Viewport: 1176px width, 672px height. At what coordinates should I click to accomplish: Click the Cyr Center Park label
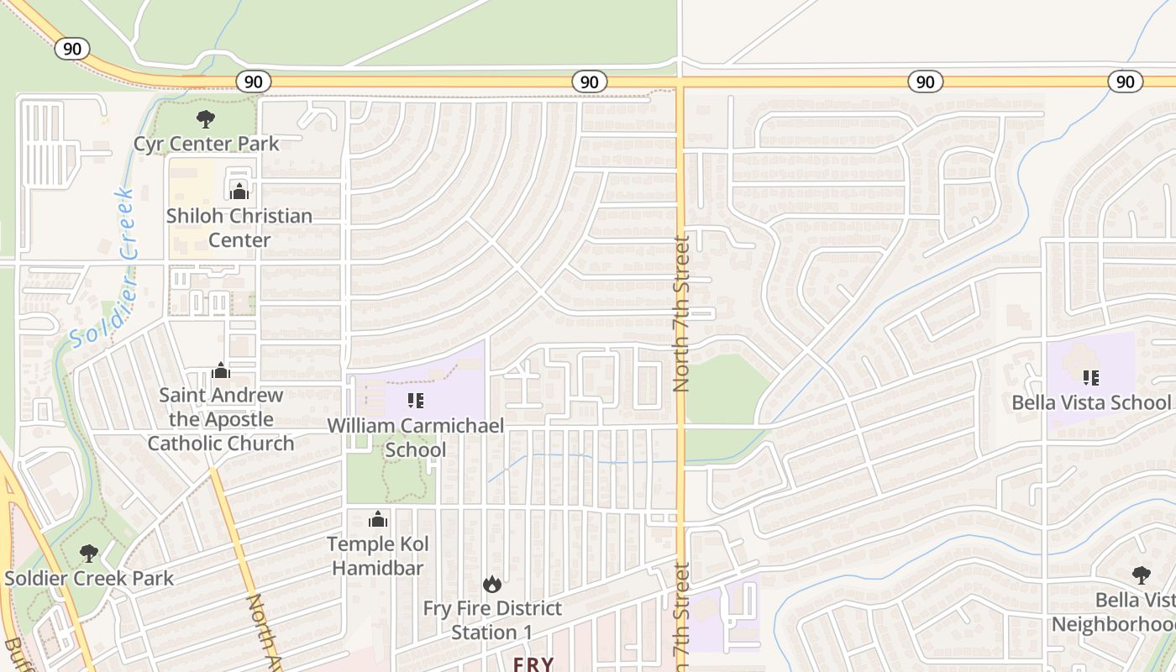[x=206, y=144]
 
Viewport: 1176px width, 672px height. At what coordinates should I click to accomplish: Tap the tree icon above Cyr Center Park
[x=205, y=119]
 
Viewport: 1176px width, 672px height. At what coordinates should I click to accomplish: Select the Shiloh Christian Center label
[x=239, y=228]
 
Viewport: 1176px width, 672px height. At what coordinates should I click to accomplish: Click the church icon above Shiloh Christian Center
[x=239, y=191]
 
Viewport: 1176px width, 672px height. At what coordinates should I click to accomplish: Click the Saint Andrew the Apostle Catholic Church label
[x=221, y=419]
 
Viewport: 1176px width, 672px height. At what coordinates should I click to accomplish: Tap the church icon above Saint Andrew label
[x=221, y=370]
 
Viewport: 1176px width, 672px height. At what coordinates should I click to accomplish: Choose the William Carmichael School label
[x=416, y=437]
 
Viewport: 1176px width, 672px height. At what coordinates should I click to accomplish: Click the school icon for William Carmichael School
[x=416, y=401]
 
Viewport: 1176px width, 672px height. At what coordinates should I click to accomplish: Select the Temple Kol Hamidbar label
[x=378, y=556]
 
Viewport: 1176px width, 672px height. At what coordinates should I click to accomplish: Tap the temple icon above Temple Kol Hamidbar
[x=378, y=520]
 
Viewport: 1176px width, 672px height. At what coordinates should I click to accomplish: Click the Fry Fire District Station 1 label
[x=492, y=620]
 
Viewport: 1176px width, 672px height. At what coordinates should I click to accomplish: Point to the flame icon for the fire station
[x=492, y=584]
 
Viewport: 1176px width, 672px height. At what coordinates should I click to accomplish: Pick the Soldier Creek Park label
[x=89, y=578]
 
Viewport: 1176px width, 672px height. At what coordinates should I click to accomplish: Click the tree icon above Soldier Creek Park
[x=88, y=554]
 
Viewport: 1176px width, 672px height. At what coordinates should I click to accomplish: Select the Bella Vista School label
[x=1090, y=402]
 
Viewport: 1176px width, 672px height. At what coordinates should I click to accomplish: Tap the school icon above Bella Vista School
[x=1090, y=378]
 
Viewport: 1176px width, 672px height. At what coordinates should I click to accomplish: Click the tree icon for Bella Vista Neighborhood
[x=1141, y=575]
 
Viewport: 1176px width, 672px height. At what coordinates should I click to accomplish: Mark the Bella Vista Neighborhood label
[x=1117, y=612]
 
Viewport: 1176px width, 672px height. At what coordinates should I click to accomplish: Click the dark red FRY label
[x=533, y=664]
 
